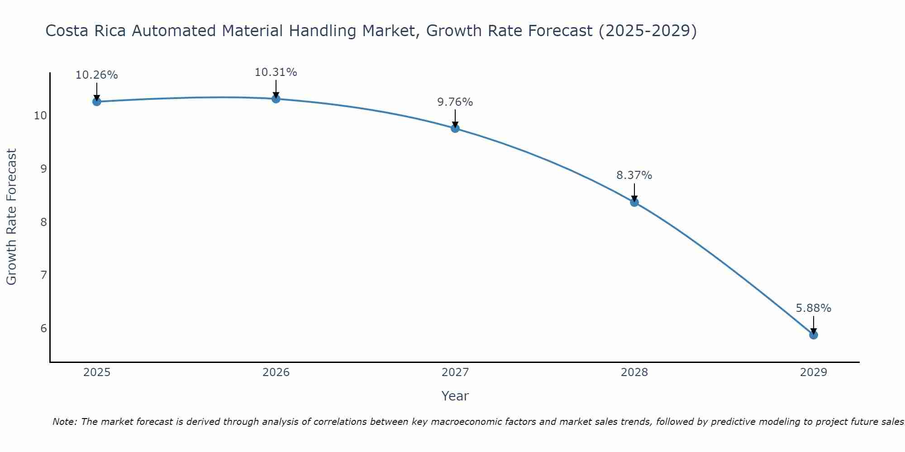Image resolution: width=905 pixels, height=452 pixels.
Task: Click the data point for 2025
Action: (96, 102)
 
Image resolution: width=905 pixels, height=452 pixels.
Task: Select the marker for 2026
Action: (276, 99)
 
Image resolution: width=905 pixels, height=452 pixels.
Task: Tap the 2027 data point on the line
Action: (455, 128)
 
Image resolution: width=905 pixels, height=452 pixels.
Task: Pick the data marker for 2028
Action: (634, 202)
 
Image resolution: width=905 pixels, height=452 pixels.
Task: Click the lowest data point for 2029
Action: (814, 335)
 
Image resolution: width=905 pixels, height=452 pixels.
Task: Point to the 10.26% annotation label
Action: (96, 75)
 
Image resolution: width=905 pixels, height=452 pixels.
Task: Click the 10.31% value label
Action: (276, 72)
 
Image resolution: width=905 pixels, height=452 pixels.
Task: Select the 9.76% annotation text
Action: (455, 102)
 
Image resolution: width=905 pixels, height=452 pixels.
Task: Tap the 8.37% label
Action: (634, 175)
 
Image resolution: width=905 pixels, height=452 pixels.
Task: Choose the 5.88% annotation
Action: (813, 308)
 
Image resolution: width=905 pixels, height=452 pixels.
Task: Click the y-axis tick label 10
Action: (40, 116)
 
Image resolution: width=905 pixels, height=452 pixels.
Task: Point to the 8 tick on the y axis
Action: (43, 222)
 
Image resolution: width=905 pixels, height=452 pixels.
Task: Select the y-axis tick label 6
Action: (43, 328)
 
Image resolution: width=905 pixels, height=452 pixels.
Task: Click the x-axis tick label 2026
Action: (276, 372)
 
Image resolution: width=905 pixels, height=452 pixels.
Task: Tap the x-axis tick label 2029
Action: (813, 372)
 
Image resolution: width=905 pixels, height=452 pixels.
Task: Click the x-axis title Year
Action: (455, 396)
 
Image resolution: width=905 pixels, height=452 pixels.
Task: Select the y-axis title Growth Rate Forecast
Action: (12, 217)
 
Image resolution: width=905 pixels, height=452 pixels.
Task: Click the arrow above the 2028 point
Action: (634, 192)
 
